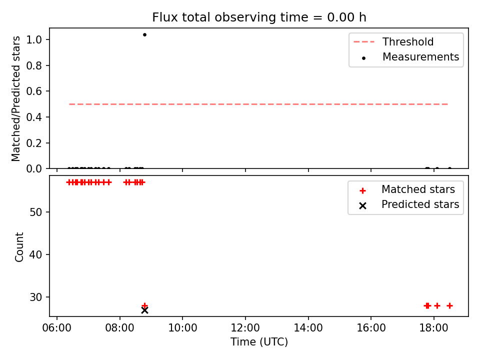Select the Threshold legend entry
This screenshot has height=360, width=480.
393,41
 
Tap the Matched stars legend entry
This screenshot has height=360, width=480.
407,189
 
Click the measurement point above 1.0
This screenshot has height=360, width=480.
144,34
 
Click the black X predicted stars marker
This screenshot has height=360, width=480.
144,310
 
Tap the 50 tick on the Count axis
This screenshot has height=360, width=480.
35,212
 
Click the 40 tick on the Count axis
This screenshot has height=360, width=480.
35,254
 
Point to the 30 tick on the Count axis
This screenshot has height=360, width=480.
35,297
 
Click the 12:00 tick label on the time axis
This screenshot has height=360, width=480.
245,328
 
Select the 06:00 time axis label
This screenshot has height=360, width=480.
56,328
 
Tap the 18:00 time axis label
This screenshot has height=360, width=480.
434,328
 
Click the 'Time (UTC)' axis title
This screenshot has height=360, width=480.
259,341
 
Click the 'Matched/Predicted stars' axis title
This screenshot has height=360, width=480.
16,98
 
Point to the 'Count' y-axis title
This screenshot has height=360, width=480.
19,247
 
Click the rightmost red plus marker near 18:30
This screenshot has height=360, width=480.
449,305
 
